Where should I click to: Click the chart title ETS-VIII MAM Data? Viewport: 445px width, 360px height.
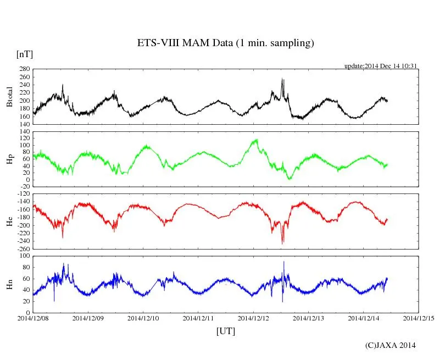(225, 43)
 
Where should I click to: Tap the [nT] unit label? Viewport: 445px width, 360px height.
(24, 54)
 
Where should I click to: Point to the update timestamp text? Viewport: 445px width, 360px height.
(381, 66)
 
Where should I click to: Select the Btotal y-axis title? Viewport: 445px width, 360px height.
(9, 97)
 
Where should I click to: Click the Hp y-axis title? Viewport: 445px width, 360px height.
(9, 159)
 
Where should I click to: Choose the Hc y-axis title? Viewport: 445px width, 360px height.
(9, 221)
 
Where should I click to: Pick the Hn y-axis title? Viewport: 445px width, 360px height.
(9, 284)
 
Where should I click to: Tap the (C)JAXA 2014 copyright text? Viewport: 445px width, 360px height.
(391, 345)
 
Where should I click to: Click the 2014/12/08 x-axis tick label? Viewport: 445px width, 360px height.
(33, 318)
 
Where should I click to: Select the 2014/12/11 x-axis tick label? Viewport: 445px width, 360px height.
(198, 318)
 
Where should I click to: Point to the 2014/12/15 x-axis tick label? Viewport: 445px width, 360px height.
(418, 318)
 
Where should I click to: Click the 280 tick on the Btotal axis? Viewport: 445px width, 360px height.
(24, 69)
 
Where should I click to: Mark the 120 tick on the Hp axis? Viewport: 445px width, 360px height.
(24, 132)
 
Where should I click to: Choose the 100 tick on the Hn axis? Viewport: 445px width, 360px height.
(24, 256)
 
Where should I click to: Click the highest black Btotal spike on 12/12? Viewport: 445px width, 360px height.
(282, 79)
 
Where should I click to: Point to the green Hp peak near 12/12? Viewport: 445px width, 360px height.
(255, 140)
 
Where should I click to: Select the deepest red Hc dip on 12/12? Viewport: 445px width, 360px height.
(283, 243)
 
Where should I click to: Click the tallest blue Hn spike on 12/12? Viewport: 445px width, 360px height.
(283, 262)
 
